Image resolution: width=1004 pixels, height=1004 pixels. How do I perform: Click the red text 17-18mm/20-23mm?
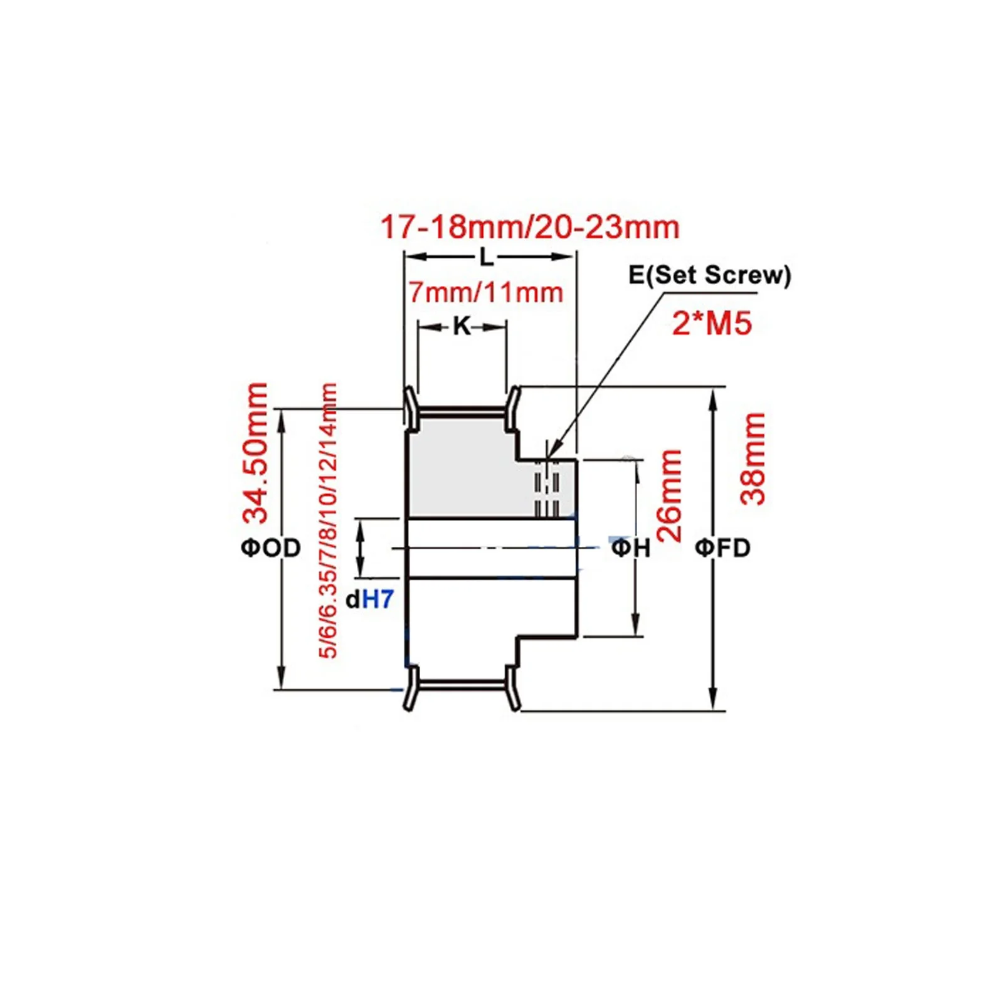click(530, 227)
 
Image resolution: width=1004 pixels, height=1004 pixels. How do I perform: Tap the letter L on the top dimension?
click(487, 256)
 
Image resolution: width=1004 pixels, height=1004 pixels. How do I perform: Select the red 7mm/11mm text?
click(486, 293)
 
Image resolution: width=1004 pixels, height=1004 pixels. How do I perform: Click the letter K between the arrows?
click(462, 326)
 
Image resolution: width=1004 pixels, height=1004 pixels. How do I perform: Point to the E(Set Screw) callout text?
click(709, 275)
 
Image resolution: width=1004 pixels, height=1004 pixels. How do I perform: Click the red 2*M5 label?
click(712, 324)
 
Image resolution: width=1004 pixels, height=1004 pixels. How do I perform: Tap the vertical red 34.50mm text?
click(256, 453)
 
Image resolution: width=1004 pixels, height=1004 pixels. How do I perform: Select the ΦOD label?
click(271, 548)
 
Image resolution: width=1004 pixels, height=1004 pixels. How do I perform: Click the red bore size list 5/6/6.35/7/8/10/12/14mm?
click(329, 520)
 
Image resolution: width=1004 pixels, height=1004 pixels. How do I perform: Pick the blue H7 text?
click(378, 600)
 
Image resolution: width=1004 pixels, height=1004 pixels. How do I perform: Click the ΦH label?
click(631, 548)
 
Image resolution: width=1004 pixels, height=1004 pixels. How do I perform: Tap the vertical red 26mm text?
click(670, 495)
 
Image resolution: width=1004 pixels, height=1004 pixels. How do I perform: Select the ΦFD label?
click(722, 548)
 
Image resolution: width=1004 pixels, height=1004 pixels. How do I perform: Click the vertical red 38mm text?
click(753, 458)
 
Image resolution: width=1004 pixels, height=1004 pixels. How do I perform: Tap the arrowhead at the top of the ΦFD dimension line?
click(713, 398)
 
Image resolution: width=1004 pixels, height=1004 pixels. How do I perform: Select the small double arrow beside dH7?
click(361, 548)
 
